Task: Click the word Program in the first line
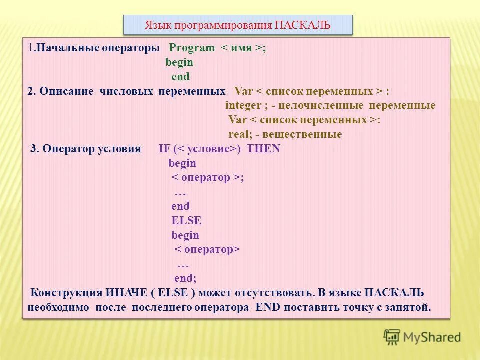pos(192,48)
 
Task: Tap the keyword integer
pos(243,106)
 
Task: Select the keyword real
pos(239,134)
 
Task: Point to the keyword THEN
pos(264,149)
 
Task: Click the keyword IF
pos(165,149)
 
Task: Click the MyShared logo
pos(422,337)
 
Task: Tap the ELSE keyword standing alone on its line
pos(186,220)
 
